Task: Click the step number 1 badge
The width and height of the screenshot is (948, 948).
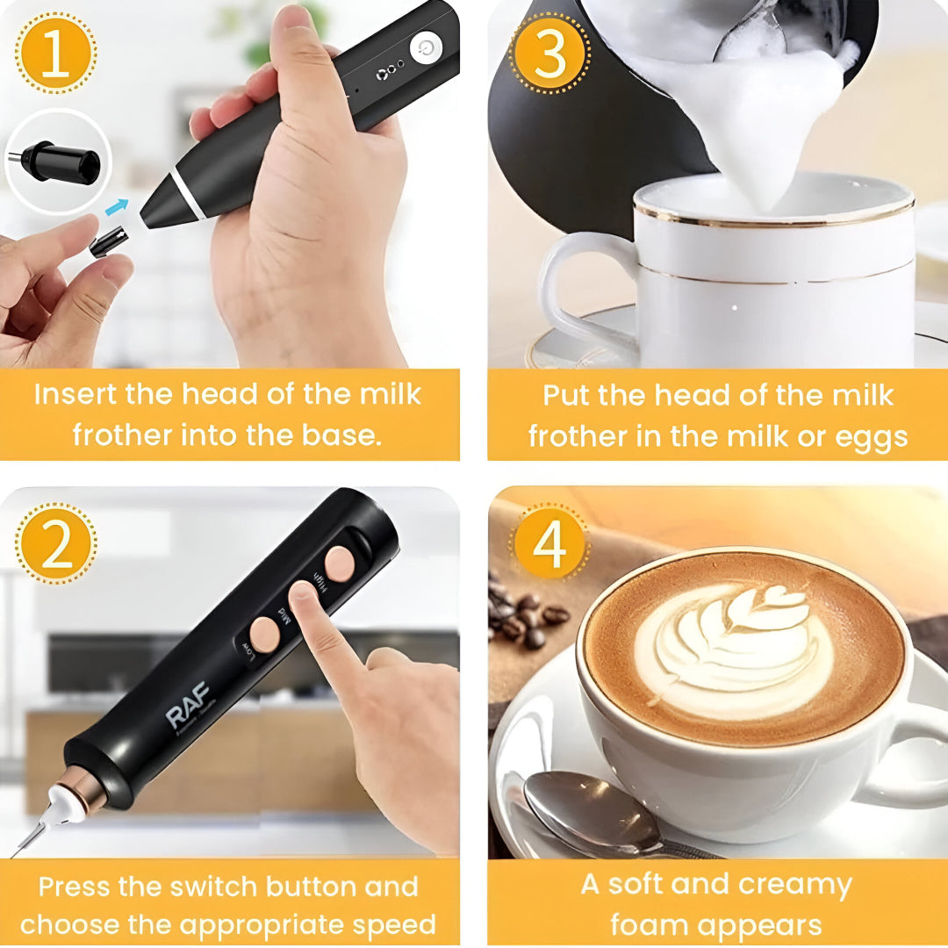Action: pos(54,54)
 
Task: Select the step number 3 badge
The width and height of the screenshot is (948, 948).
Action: pos(549,54)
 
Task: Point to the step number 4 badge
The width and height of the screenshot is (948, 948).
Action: pos(549,544)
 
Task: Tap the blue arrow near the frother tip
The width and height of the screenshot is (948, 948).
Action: pos(116,208)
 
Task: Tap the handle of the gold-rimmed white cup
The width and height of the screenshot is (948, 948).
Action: pos(571,290)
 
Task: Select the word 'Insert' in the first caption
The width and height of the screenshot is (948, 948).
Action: pos(75,394)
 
